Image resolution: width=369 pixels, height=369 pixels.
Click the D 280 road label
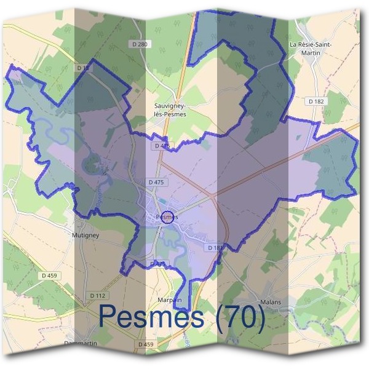tap(140, 44)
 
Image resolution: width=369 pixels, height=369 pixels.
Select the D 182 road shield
tap(316, 101)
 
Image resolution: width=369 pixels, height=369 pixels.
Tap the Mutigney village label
tap(85, 234)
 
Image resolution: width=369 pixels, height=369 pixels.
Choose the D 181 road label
tap(215, 247)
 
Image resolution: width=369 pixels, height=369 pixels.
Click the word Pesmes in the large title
tap(151, 317)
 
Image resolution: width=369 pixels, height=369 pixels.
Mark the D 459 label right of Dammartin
tap(146, 344)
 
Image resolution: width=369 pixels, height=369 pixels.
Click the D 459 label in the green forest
tap(48, 276)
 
